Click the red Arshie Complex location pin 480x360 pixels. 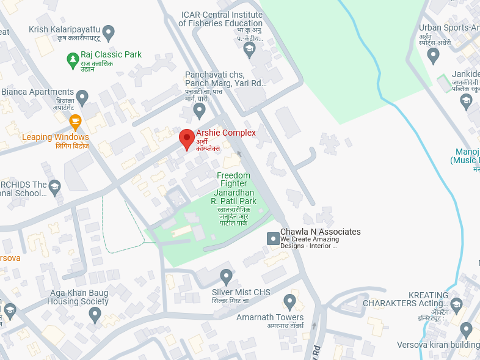[x=187, y=139]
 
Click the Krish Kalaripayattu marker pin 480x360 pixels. [x=109, y=32]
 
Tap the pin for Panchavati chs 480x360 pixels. [x=199, y=110]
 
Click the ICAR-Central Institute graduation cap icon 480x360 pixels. [x=249, y=48]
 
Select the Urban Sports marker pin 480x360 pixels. [x=434, y=55]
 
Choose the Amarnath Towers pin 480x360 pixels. [x=290, y=301]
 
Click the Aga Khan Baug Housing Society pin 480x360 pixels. [x=95, y=314]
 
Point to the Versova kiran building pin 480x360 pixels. [x=467, y=330]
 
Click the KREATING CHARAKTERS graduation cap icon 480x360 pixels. [x=456, y=304]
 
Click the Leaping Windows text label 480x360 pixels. [x=55, y=137]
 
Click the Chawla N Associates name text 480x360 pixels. [x=320, y=232]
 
